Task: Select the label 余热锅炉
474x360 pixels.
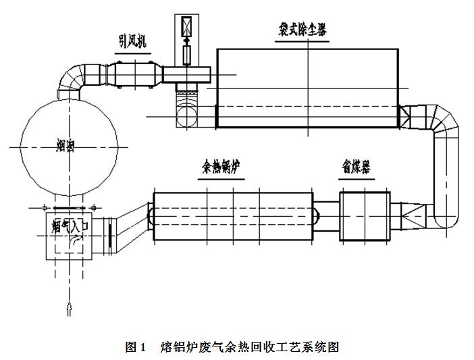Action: pos(221,168)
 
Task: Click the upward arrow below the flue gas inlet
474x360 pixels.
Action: pos(68,309)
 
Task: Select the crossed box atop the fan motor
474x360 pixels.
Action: pos(186,27)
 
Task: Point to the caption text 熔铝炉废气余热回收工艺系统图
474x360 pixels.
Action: pos(250,347)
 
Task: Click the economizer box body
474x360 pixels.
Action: pos(365,216)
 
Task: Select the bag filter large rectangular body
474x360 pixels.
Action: pos(307,88)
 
